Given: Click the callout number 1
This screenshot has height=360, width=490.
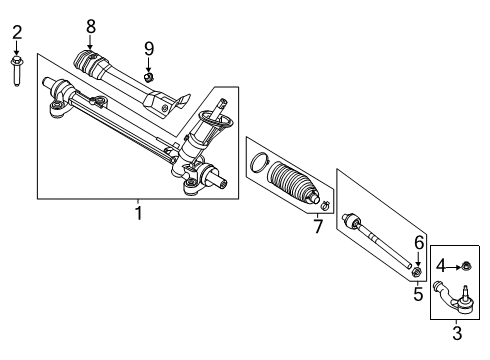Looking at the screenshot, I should click(138, 212).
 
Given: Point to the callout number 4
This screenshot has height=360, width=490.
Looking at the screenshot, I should click(442, 266).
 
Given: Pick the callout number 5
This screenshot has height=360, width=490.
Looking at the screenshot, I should click(418, 294).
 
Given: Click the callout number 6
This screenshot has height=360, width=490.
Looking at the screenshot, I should click(418, 242).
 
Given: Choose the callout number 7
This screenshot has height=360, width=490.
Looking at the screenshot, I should click(318, 227).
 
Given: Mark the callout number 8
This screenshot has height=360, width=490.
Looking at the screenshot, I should click(90, 25).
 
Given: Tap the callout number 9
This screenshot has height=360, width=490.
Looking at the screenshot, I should click(148, 48).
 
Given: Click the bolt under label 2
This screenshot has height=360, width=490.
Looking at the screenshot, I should click(17, 72).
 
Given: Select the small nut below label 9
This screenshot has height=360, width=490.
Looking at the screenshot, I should click(148, 76).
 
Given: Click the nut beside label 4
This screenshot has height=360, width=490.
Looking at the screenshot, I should click(466, 266).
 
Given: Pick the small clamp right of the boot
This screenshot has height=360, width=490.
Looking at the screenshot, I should click(326, 207).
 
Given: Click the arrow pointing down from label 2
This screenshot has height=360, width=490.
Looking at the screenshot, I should click(17, 50).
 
